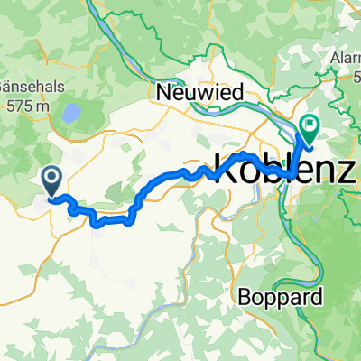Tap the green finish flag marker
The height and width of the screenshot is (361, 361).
tap(310, 128)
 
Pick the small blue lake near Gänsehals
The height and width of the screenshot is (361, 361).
tap(69, 113)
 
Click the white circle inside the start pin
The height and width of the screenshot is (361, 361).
tap(51, 178)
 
